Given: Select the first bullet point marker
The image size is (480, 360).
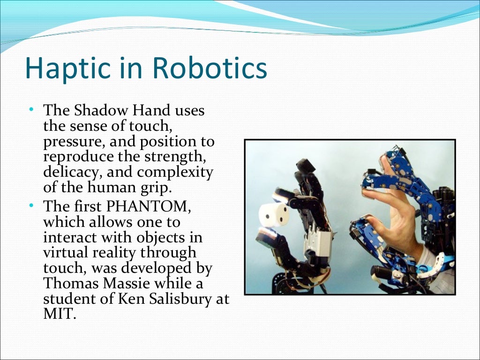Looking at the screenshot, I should [x=31, y=109].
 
